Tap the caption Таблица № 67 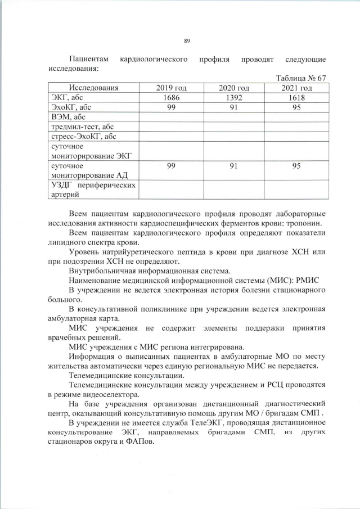click(x=301, y=78)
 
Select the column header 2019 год click(x=171, y=88)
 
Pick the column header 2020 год click(x=234, y=88)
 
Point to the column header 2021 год click(x=296, y=88)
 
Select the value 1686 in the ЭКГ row click(x=171, y=98)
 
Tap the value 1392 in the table click(x=234, y=98)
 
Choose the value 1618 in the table click(x=296, y=98)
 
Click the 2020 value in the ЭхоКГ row click(x=234, y=107)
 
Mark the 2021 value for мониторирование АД click(x=296, y=166)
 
